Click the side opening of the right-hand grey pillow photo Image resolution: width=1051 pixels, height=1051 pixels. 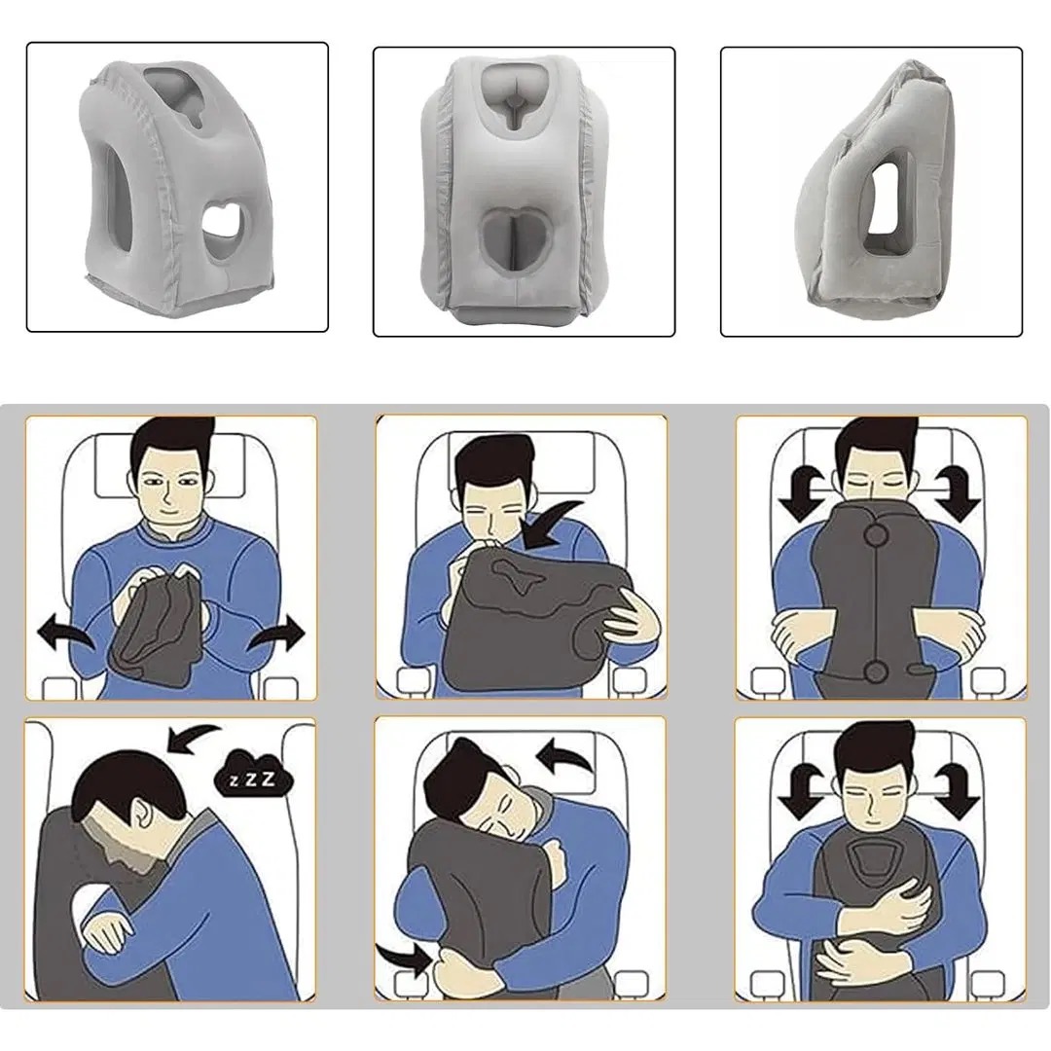[x=887, y=210]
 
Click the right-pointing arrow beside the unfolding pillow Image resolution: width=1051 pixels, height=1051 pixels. [x=276, y=635]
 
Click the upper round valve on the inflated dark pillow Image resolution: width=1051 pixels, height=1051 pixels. [x=875, y=534]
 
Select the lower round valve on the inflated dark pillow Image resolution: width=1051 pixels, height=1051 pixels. [x=875, y=670]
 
